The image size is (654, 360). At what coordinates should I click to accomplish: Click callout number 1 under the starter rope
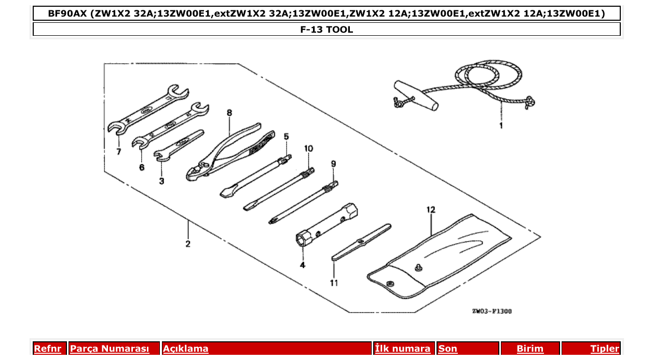coord(501,126)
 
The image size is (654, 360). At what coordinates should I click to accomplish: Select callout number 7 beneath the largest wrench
coord(119,151)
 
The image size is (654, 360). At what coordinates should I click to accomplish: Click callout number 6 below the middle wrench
coord(142,167)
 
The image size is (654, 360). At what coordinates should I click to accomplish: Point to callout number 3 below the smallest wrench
coord(162,181)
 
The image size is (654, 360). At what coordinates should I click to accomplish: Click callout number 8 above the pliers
coord(229,113)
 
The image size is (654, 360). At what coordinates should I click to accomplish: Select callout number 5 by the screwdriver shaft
coord(286,136)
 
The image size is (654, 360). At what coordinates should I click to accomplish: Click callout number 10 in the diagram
coord(309,148)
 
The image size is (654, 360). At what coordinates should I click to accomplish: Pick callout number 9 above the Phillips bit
coord(333,163)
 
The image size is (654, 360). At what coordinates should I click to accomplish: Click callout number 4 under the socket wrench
coord(302,265)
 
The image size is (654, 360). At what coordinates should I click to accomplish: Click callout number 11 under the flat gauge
coord(334,283)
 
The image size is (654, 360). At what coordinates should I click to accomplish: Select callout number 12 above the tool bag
coord(430,210)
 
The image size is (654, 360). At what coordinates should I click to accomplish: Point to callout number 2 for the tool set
coord(188,244)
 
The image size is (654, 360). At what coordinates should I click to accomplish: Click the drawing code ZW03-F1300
coord(492,311)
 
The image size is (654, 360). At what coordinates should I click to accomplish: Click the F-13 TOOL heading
coord(326,30)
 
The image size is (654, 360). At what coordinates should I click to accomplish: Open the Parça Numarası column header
coord(110,349)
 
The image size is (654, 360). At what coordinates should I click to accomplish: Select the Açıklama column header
coord(186,349)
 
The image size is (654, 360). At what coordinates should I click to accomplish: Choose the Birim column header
coord(530,349)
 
